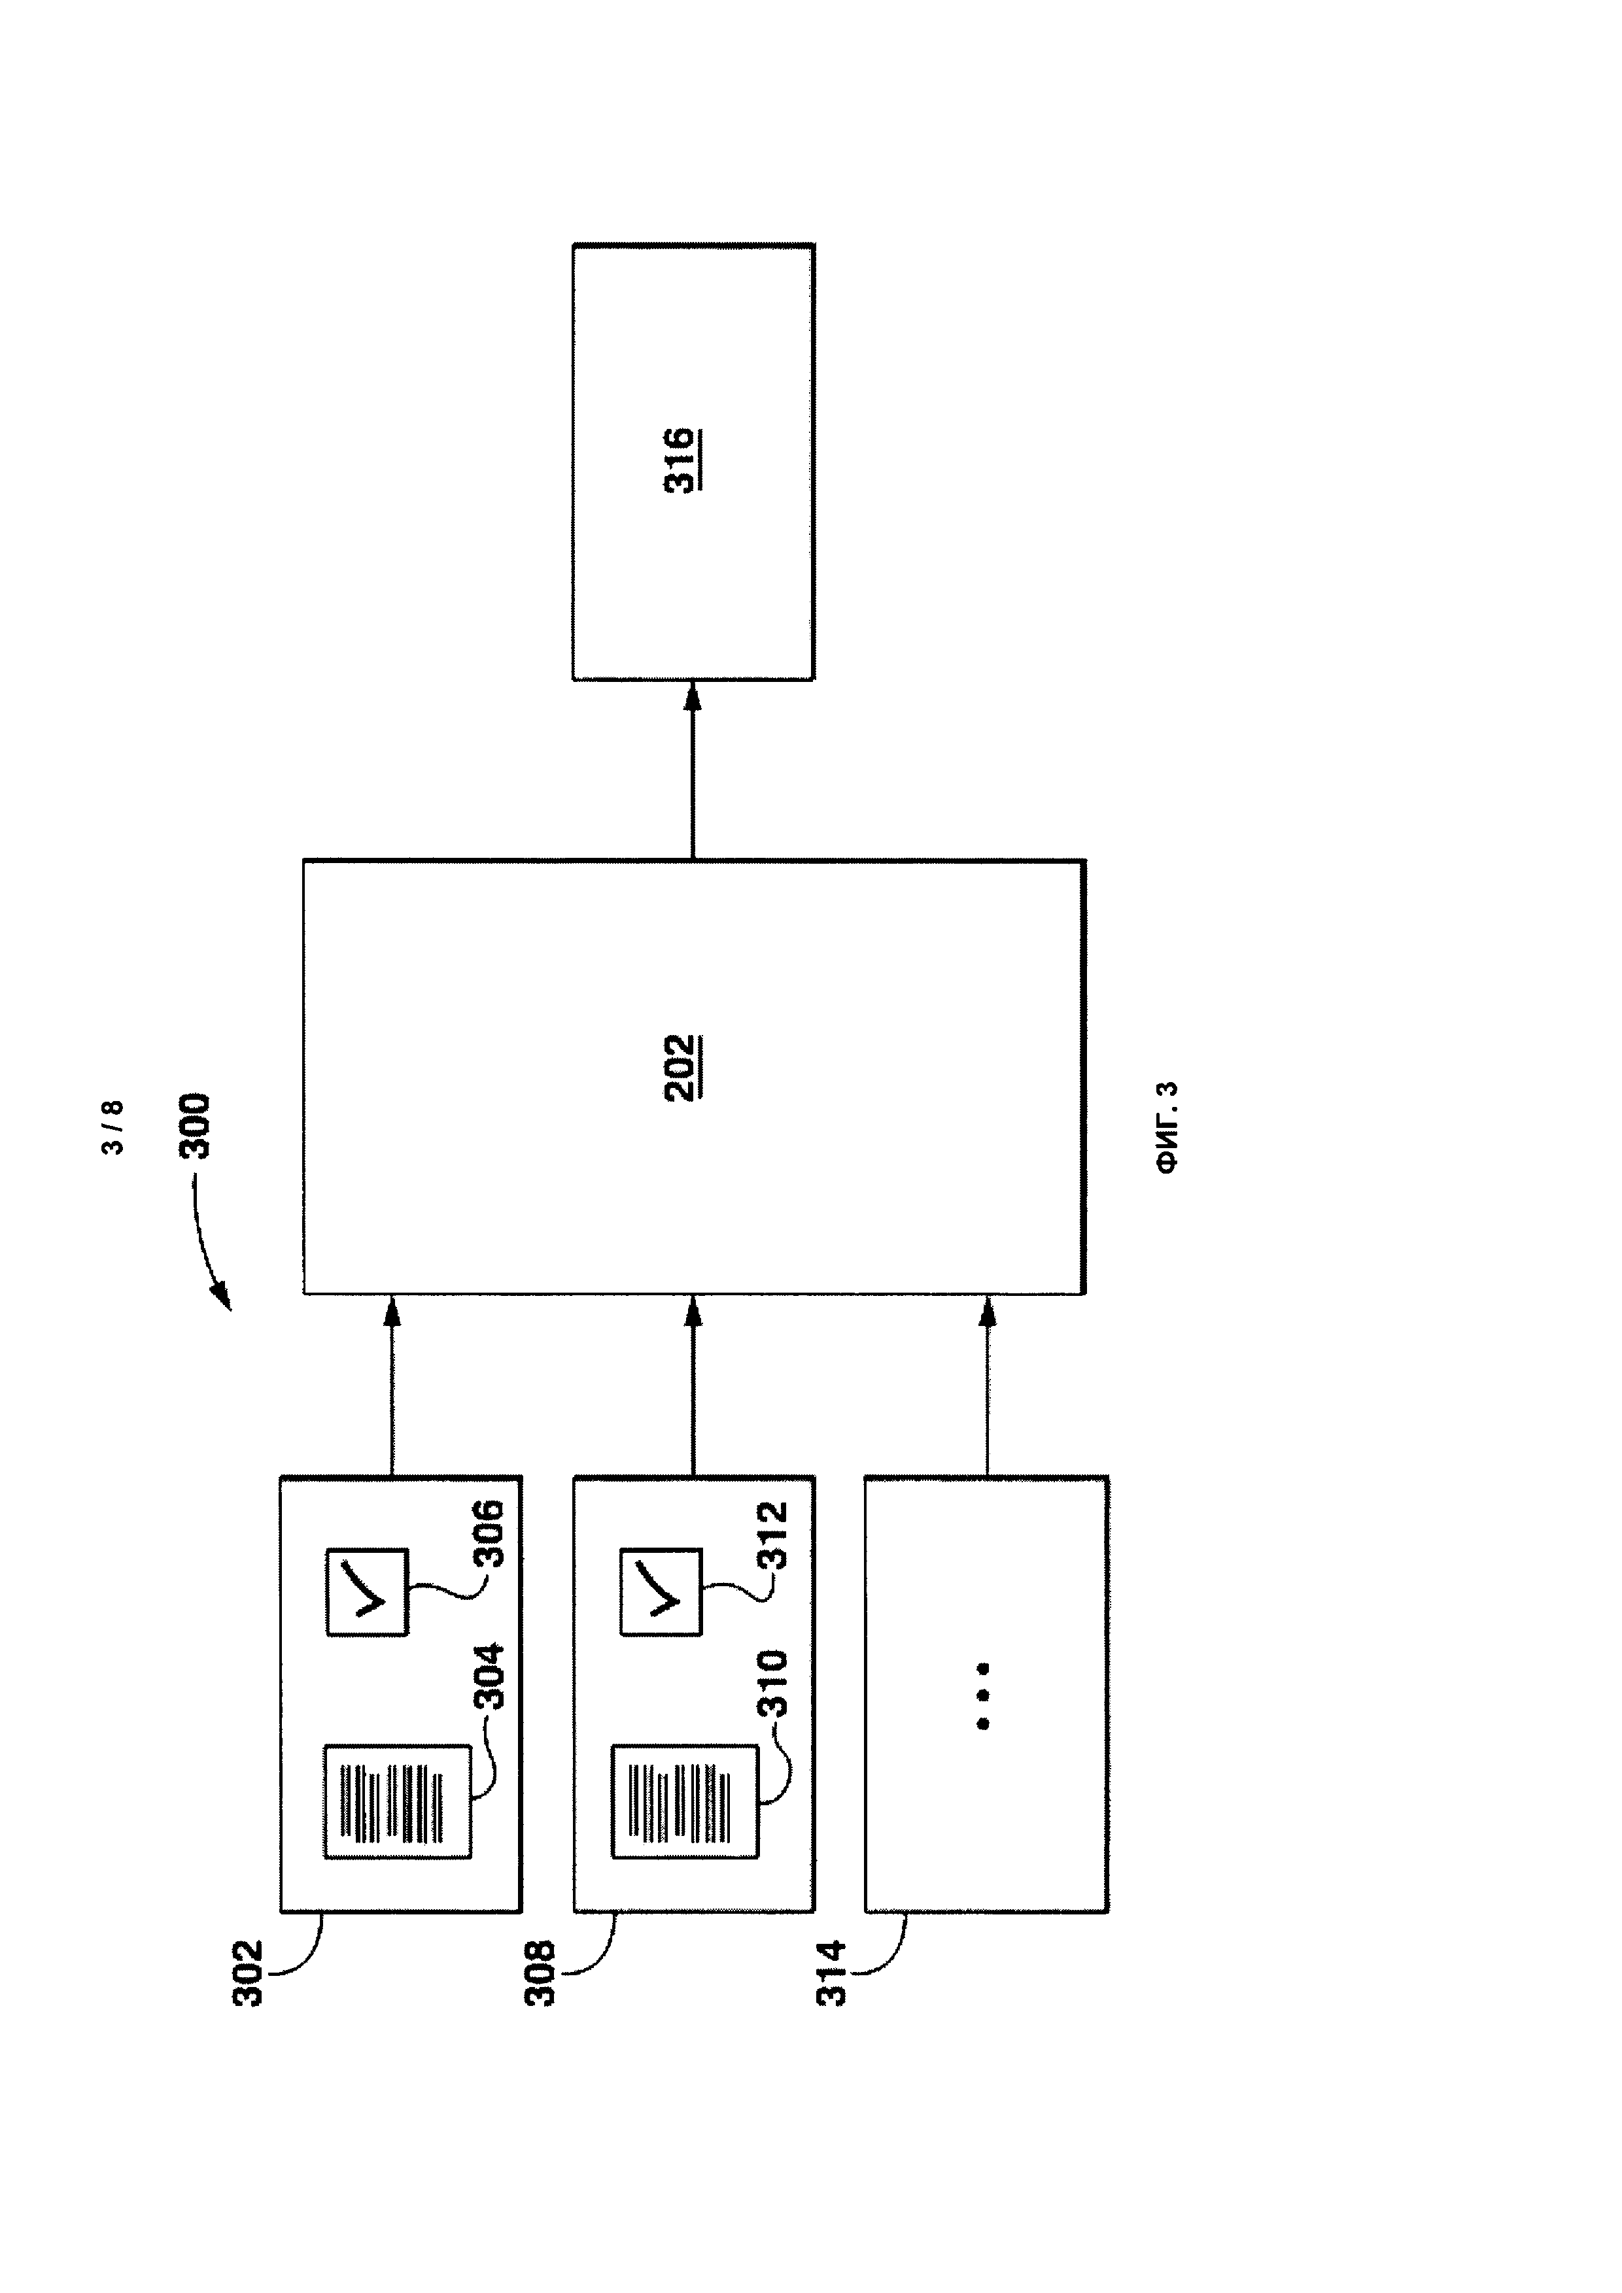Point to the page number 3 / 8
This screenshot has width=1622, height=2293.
pyautogui.click(x=113, y=1127)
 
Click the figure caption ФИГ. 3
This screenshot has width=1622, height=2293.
pyautogui.click(x=1167, y=1127)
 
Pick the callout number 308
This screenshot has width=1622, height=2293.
pyautogui.click(x=540, y=1973)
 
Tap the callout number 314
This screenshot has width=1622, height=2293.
pyautogui.click(x=831, y=1973)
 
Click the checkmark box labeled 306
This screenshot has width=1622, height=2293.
pyautogui.click(x=368, y=1592)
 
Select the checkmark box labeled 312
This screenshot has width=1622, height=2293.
pyautogui.click(x=661, y=1592)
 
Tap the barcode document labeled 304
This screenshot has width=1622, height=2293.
pyautogui.click(x=398, y=1803)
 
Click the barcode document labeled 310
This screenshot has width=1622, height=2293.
pyautogui.click(x=686, y=1803)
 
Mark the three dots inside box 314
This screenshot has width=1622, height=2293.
pyautogui.click(x=984, y=1696)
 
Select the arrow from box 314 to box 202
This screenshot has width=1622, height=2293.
pyautogui.click(x=987, y=1385)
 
